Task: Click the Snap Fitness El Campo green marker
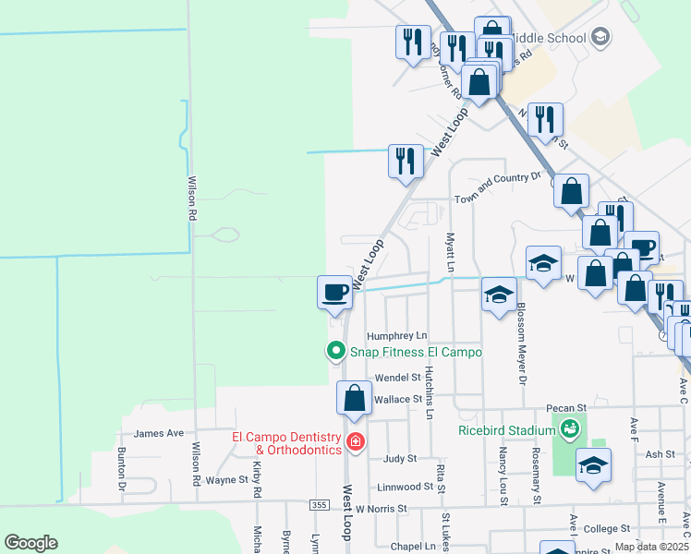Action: [x=335, y=351]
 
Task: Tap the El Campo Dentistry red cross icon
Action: [x=355, y=443]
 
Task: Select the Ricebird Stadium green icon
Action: [x=570, y=428]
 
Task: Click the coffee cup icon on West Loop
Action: [x=334, y=293]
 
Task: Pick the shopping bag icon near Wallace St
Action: [x=354, y=398]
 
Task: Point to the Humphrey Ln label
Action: [x=397, y=336]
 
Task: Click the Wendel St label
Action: [x=397, y=378]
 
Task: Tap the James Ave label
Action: [x=159, y=433]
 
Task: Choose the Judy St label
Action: [x=400, y=458]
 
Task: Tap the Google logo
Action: [x=30, y=543]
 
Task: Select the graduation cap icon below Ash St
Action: [x=593, y=466]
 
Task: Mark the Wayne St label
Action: [x=227, y=479]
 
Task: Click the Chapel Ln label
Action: [x=412, y=547]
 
